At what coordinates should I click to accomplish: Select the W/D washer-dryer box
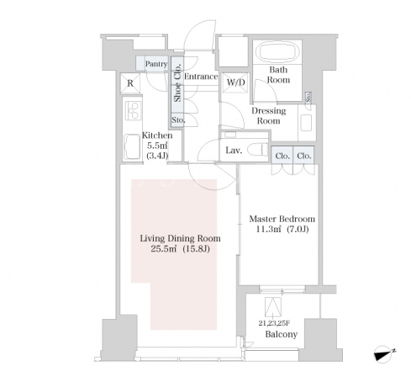(x=235, y=82)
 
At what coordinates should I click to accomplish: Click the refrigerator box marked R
(x=130, y=83)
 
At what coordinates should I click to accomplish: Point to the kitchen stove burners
(x=133, y=110)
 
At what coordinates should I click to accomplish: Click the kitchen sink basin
(x=132, y=146)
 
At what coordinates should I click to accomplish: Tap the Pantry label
(x=156, y=64)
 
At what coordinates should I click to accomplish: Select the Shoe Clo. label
(x=177, y=83)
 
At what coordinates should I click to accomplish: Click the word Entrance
(x=201, y=77)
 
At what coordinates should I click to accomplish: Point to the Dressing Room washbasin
(x=306, y=123)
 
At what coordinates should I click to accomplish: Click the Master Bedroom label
(x=282, y=219)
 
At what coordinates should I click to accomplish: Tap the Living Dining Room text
(x=180, y=238)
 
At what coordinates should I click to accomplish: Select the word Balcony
(x=282, y=334)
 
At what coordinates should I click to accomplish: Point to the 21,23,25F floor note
(x=274, y=323)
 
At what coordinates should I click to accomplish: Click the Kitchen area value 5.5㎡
(x=157, y=146)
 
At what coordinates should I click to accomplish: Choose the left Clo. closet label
(x=282, y=156)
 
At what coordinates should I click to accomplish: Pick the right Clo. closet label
(x=304, y=156)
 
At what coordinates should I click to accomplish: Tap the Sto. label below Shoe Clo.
(x=178, y=120)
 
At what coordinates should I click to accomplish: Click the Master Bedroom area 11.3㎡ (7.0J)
(x=282, y=230)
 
